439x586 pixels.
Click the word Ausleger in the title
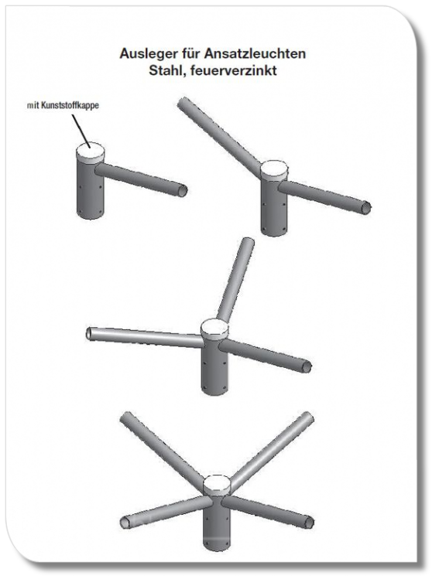[142, 54]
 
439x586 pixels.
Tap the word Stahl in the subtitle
[167, 70]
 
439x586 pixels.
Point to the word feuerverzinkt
[233, 70]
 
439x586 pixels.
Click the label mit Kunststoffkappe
[63, 105]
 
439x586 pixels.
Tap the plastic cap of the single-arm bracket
[90, 152]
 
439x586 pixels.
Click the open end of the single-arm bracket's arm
[182, 191]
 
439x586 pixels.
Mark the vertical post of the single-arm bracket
[89, 191]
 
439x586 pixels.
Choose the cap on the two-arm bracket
[274, 170]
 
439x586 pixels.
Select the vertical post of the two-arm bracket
[274, 207]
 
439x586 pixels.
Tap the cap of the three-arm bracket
[214, 329]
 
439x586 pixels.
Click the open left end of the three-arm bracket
[90, 334]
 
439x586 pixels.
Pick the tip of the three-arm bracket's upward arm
[248, 243]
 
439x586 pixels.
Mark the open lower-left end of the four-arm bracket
[125, 522]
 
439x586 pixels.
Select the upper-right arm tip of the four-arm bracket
[307, 417]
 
